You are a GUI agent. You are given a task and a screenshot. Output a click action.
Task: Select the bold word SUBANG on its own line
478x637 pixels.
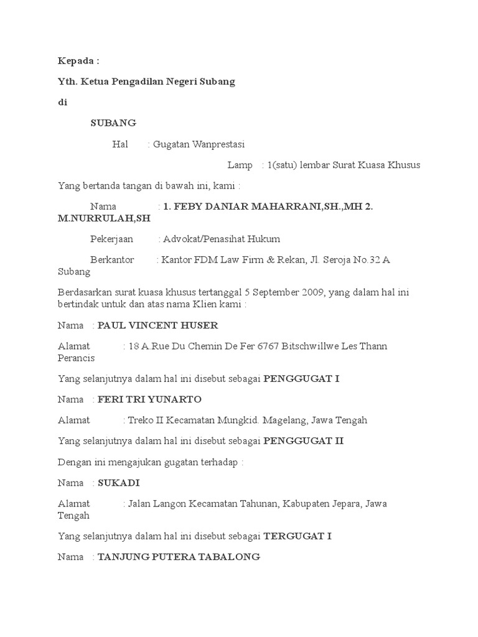coord(113,123)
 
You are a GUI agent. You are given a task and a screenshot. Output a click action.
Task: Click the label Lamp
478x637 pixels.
coord(240,165)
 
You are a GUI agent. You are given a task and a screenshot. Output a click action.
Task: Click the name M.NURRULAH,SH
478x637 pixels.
coord(104,218)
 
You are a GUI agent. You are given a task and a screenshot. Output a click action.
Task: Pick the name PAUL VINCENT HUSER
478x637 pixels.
coord(158,325)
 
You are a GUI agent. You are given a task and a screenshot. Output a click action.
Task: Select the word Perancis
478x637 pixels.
coord(77,358)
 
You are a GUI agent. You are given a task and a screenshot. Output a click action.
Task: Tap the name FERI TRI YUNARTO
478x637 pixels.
coord(150,399)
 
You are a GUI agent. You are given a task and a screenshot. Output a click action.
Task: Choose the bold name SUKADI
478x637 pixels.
coord(119,483)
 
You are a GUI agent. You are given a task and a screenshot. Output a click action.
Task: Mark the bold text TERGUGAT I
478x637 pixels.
coord(298,536)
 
